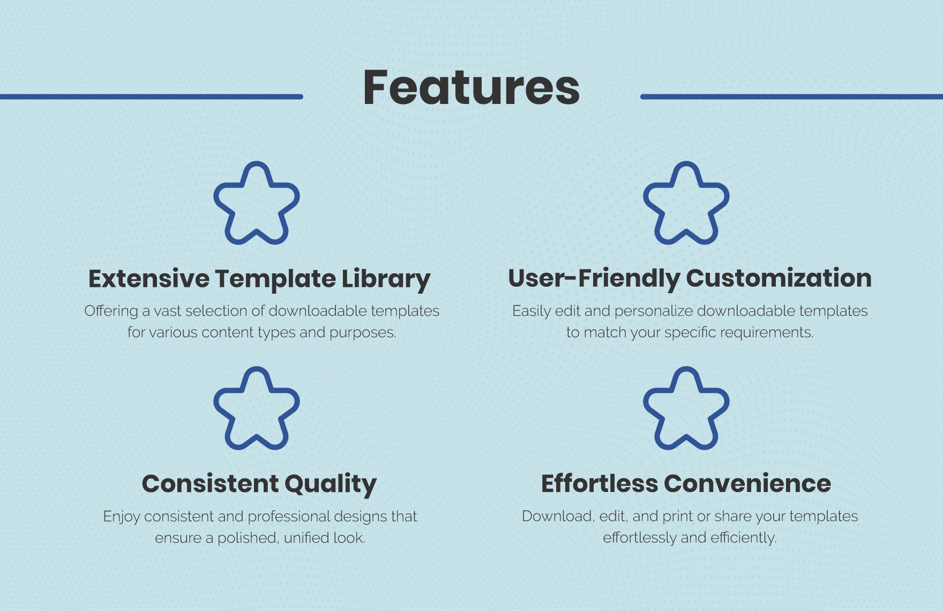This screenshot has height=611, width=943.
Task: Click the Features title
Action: (471, 87)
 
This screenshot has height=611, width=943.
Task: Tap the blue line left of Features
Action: (151, 96)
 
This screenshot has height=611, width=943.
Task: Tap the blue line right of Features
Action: (791, 96)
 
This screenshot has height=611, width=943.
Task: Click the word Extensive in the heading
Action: (149, 279)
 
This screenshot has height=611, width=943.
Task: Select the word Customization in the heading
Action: (779, 278)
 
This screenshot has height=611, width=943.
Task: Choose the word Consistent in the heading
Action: (209, 484)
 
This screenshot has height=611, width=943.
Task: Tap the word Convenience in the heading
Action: (747, 484)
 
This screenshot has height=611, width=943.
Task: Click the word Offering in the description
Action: (111, 311)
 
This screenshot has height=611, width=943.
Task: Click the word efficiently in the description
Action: (742, 538)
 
